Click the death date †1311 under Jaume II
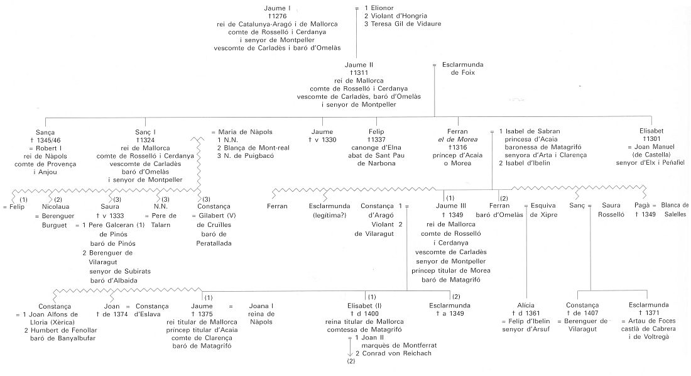[359, 72]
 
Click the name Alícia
[525, 305]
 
